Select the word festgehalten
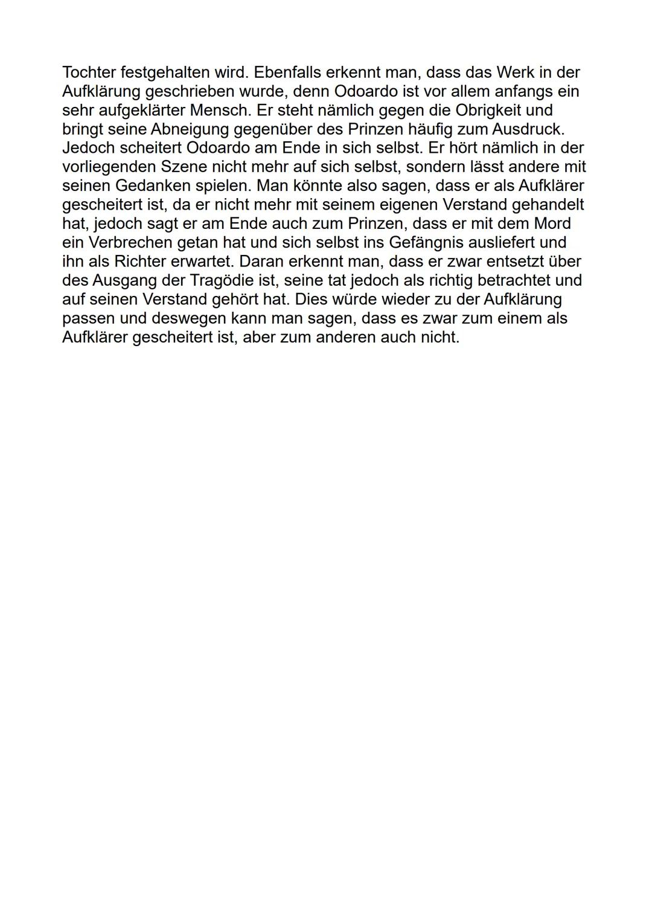pos(165,72)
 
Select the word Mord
pos(552,224)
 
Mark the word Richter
pos(139,262)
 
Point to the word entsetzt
pos(506,262)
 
